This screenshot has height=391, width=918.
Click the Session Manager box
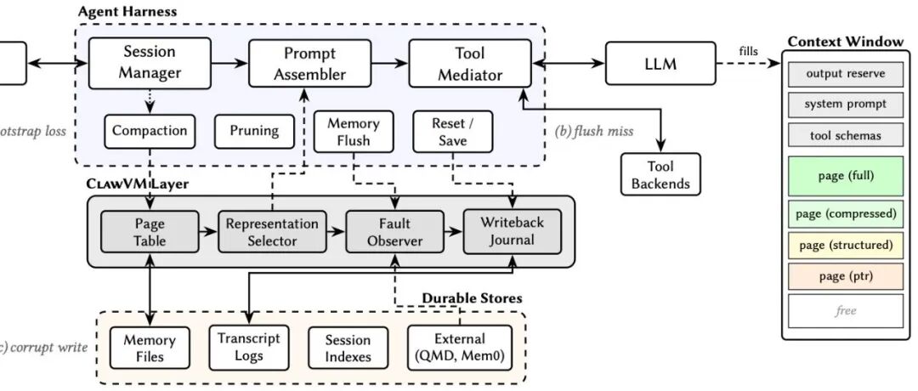pos(150,62)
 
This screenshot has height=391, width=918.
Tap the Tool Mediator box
pos(469,63)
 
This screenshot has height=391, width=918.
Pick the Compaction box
pos(150,131)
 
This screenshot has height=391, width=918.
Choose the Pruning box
pos(254,131)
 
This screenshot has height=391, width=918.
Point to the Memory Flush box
pos(353,132)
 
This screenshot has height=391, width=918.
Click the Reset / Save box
pos(452,132)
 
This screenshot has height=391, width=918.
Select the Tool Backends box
pos(660,174)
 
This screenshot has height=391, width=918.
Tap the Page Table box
pos(150,232)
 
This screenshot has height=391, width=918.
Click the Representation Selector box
pos(272,232)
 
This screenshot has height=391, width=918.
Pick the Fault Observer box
pos(394,232)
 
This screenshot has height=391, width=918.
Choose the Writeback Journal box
pos(512,232)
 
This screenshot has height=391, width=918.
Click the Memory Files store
pos(149,348)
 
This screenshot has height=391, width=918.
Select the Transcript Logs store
pos(249,347)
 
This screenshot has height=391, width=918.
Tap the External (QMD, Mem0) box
pos(460,348)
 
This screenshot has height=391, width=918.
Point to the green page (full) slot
pos(845,177)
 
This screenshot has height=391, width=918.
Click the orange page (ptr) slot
pos(845,276)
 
